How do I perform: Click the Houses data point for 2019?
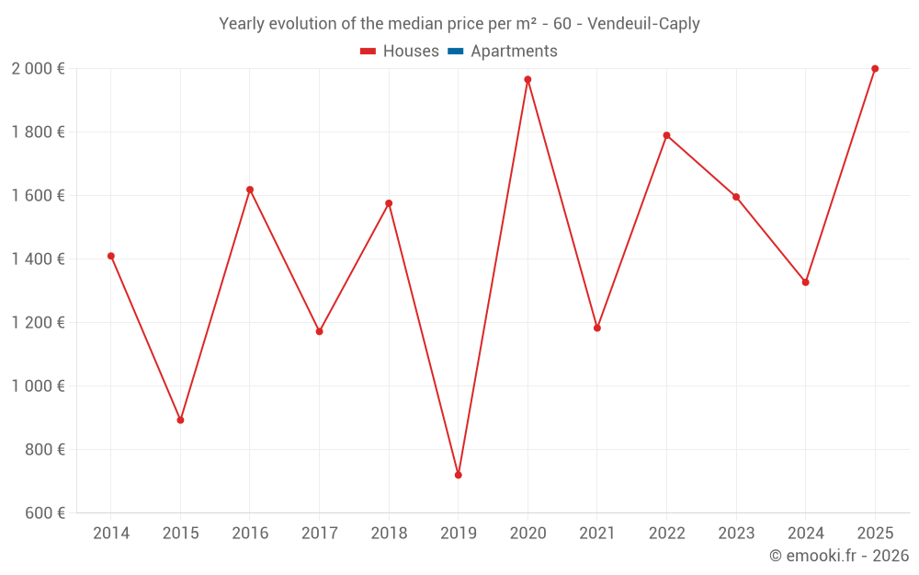click(459, 475)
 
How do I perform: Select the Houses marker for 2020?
click(528, 79)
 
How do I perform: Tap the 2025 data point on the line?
click(875, 69)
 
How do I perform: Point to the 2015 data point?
click(180, 420)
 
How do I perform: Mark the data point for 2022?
click(666, 135)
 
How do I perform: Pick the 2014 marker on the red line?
click(111, 256)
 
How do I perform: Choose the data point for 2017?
click(319, 331)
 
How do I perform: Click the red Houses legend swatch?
click(369, 52)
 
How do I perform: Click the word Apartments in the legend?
click(514, 52)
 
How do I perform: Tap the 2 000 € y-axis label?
click(38, 69)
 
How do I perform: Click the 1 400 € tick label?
click(38, 259)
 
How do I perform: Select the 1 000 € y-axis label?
click(38, 386)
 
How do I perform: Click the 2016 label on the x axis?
click(250, 534)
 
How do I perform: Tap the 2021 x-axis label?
click(597, 534)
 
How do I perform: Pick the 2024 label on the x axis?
click(805, 534)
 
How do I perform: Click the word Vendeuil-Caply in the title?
click(643, 24)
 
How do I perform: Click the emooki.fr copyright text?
click(839, 556)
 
